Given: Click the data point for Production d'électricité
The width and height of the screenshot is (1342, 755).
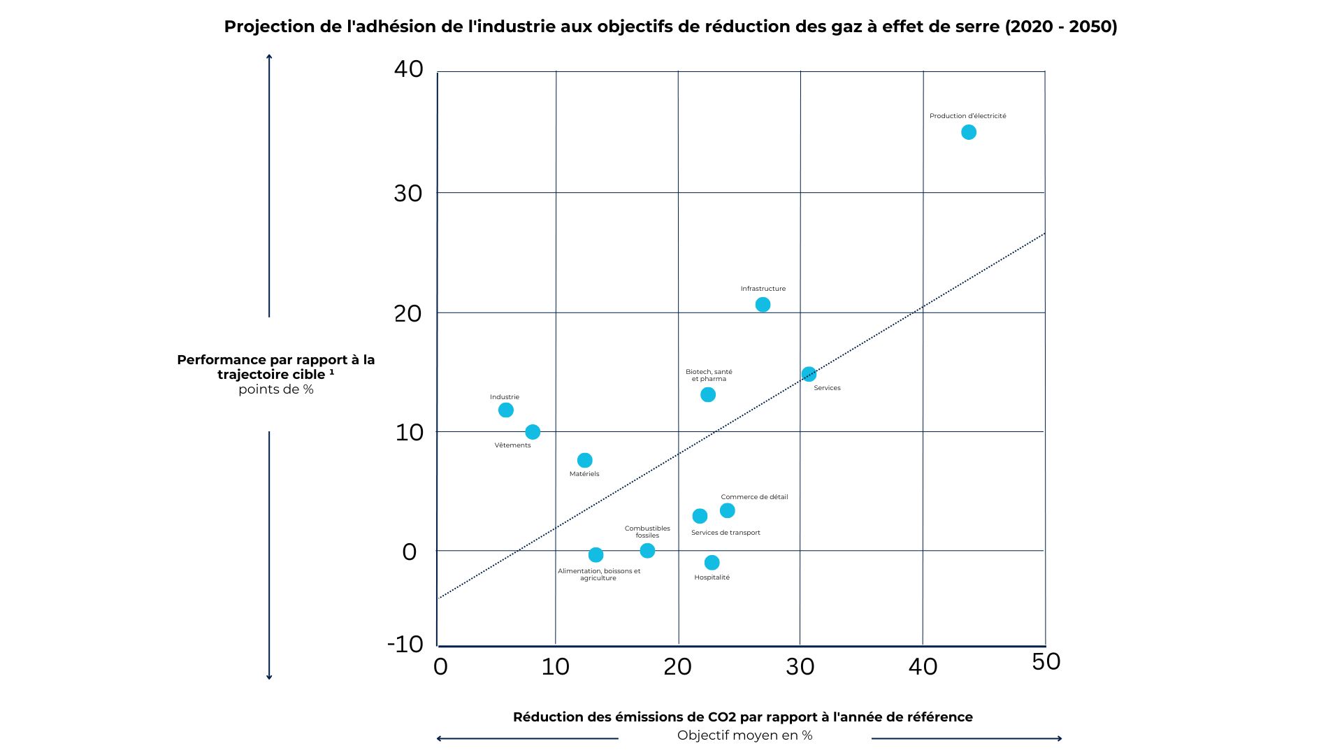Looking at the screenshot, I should click(x=968, y=132).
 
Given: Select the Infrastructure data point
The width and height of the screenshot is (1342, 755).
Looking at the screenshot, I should click(x=763, y=305).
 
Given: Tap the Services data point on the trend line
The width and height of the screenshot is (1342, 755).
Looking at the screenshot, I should click(x=809, y=374).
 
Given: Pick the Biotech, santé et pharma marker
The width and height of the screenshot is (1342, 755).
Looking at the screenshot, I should click(x=708, y=395).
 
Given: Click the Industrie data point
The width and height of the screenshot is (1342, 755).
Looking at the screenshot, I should click(x=506, y=410).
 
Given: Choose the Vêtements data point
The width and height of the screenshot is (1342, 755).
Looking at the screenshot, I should click(x=533, y=432).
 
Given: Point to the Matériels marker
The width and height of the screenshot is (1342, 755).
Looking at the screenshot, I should click(x=585, y=460).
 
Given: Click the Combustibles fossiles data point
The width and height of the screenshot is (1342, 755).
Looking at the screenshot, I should click(x=647, y=551).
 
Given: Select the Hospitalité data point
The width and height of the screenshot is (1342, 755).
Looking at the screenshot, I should click(x=712, y=563).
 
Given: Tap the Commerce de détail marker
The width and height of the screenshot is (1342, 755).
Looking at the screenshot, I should click(x=727, y=511).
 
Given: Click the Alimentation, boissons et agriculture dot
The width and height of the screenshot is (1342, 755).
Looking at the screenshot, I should click(x=596, y=555).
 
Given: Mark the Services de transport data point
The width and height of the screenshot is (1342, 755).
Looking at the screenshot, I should click(x=700, y=516).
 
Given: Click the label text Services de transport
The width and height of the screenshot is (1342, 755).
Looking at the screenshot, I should click(x=726, y=533).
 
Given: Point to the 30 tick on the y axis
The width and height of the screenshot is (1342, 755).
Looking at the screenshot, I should click(x=408, y=194).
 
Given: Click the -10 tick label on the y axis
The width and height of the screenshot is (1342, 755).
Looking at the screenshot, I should click(x=405, y=645).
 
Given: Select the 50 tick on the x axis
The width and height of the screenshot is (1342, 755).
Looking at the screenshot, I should click(x=1046, y=661).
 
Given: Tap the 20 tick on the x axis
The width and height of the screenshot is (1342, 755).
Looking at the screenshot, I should click(x=677, y=667).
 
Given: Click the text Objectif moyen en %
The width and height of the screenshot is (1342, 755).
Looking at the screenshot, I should click(x=744, y=735).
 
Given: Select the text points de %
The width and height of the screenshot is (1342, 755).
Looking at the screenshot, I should click(x=276, y=389).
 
